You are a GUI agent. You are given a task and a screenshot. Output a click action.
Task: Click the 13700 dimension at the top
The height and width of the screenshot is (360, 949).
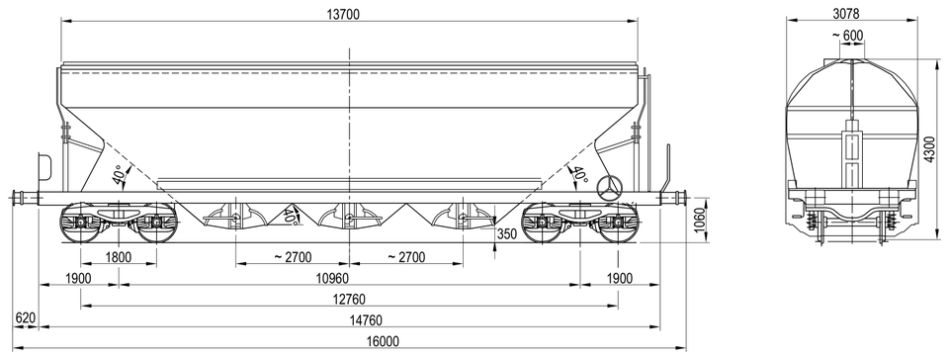(x=343, y=15)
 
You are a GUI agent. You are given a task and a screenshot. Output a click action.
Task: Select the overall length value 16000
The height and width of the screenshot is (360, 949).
(x=383, y=342)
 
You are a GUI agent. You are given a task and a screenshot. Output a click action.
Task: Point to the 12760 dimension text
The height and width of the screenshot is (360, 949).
(x=349, y=300)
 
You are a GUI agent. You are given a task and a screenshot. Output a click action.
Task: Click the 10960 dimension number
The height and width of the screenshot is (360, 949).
(x=349, y=278)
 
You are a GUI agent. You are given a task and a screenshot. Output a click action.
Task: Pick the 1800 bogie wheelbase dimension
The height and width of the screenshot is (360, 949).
(x=118, y=257)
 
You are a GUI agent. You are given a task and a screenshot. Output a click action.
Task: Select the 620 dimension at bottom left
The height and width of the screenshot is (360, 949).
(x=26, y=318)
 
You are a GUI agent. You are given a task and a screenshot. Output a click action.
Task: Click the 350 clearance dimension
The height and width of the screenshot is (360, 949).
(x=507, y=234)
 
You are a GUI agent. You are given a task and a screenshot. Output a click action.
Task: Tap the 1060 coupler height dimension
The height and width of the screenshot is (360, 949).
(x=700, y=221)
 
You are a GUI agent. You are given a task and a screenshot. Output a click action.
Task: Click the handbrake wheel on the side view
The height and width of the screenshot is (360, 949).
(x=608, y=188)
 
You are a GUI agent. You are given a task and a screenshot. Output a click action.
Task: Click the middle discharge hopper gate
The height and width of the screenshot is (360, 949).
(x=349, y=218)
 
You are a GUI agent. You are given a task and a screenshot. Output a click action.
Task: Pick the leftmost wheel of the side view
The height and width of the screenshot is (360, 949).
(x=80, y=223)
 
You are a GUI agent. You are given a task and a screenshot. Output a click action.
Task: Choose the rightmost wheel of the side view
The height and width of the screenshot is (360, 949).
(x=617, y=223)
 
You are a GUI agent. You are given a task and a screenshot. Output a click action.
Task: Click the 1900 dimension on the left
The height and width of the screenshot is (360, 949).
(x=78, y=278)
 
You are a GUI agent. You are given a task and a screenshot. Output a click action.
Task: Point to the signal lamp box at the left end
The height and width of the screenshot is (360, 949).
(x=44, y=166)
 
